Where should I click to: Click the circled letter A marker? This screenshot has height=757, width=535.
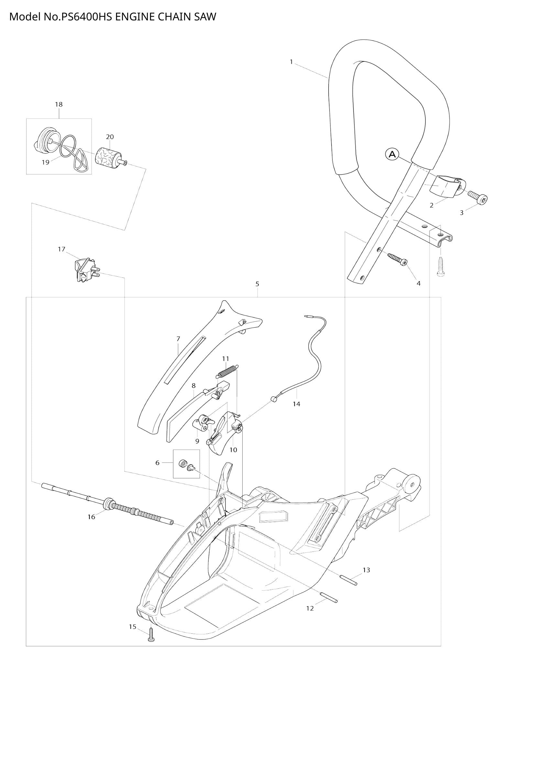[392, 154]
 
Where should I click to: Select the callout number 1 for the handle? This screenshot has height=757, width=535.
[291, 62]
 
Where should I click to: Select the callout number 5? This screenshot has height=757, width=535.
[257, 284]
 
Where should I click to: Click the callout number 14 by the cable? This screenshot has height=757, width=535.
[297, 404]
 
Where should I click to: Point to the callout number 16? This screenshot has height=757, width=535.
[91, 517]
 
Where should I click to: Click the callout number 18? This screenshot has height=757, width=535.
[59, 104]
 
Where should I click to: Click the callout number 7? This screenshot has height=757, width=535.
[178, 339]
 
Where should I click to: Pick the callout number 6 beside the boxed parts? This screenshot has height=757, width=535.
[158, 463]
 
